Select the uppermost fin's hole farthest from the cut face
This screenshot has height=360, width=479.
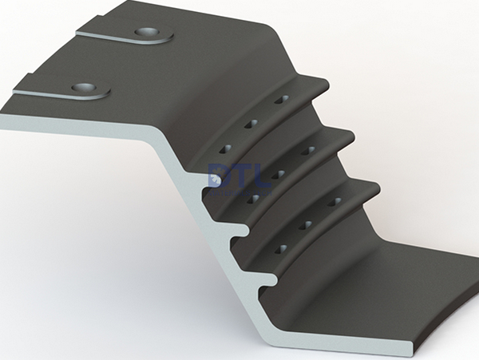tap(281, 100)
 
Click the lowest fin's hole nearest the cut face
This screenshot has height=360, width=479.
tap(279, 250)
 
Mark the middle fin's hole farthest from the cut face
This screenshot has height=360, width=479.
tap(307, 150)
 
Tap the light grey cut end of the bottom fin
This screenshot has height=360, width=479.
tap(269, 280)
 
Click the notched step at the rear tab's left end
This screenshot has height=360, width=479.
tap(79, 34)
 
